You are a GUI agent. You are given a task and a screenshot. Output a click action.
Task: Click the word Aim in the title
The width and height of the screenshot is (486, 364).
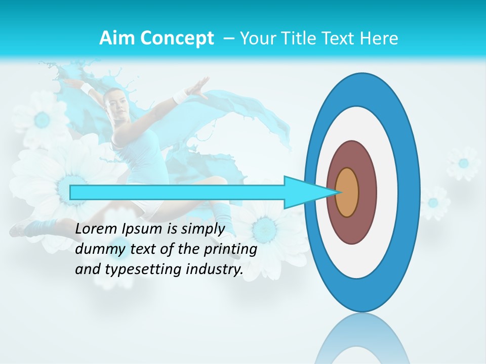point(117,38)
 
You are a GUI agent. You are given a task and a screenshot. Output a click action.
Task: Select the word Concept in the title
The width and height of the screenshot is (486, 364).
point(176,38)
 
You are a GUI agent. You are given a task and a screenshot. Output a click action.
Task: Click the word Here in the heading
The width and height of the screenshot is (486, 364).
point(379,38)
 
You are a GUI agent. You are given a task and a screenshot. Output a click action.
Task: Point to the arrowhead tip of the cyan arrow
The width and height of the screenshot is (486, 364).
point(338,192)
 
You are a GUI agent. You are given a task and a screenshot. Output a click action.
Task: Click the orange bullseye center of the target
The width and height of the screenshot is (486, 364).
point(347,192)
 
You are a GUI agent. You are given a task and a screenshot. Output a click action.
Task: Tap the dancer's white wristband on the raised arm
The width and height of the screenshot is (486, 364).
point(180,95)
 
